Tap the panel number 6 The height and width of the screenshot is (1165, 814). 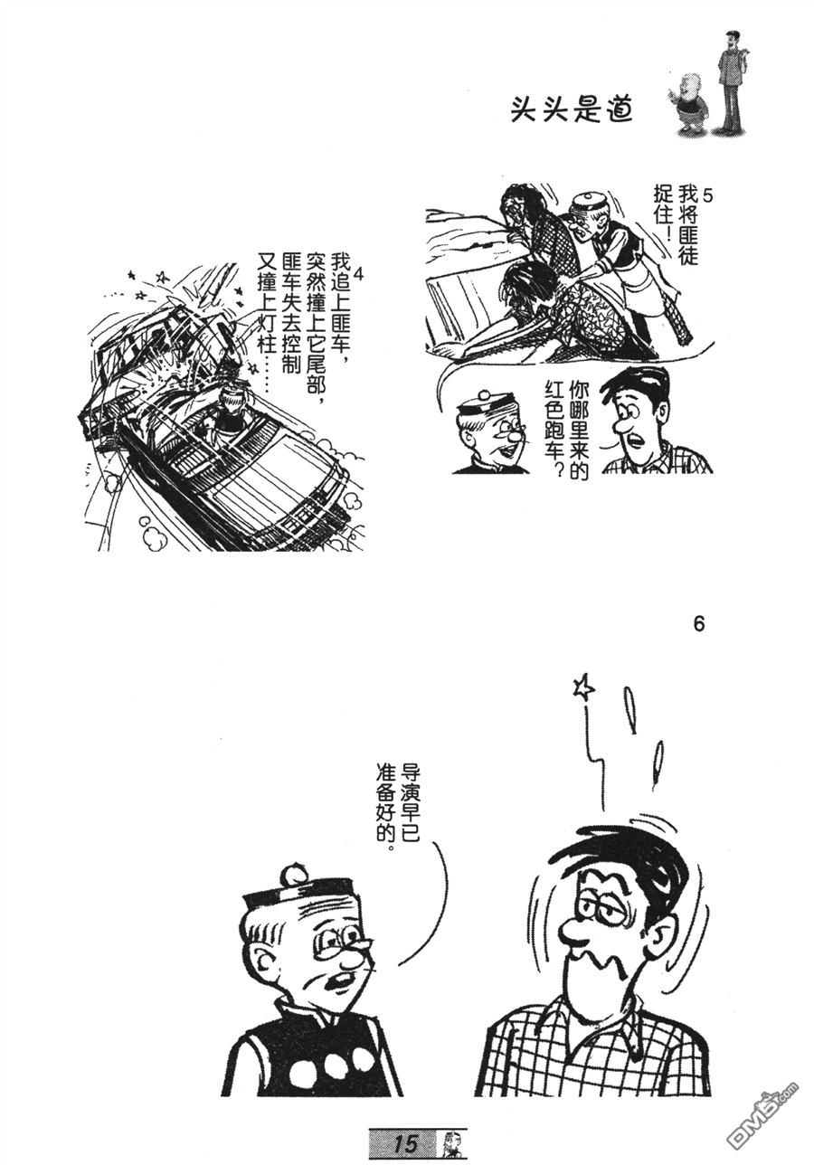click(697, 624)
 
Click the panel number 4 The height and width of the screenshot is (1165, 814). click(361, 274)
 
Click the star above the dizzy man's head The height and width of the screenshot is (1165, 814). click(583, 688)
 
